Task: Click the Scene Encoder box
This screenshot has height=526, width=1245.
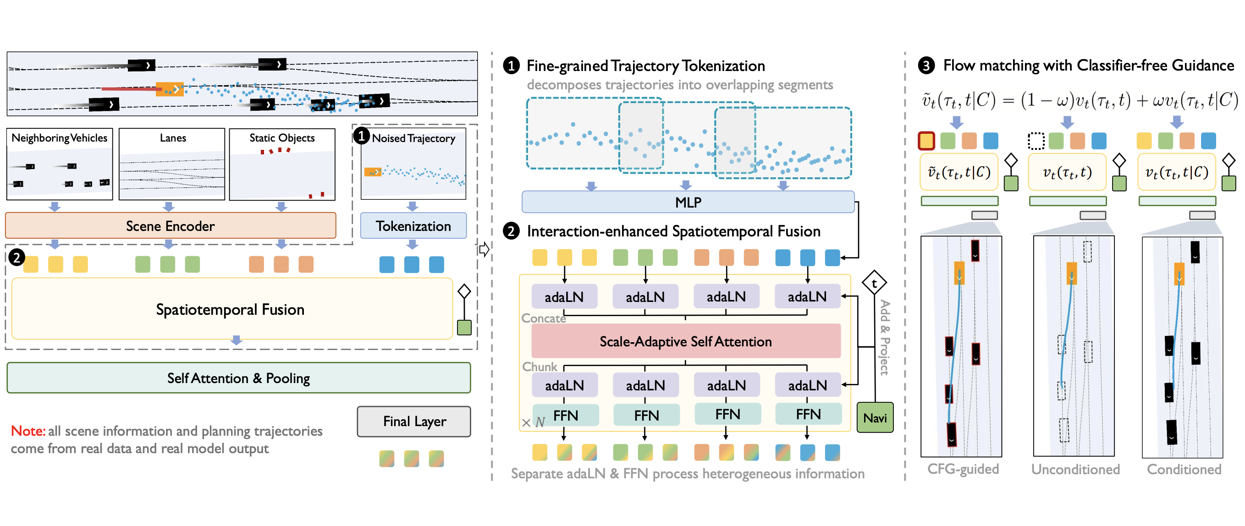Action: click(170, 225)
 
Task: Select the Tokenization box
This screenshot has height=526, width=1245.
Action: click(413, 225)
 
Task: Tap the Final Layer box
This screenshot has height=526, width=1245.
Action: click(414, 421)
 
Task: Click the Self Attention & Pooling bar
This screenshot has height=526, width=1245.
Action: click(238, 378)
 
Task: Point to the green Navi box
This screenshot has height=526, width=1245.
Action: click(875, 417)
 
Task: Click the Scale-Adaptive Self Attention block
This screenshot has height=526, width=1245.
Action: click(685, 341)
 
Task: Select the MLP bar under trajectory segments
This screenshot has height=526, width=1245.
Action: click(688, 202)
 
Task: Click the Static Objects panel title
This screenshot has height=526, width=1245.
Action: click(282, 137)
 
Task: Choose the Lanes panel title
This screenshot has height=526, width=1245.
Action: click(172, 137)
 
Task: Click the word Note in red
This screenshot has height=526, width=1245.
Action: click(28, 430)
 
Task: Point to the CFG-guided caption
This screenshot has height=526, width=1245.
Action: click(962, 469)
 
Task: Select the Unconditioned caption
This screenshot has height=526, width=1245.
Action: click(1075, 469)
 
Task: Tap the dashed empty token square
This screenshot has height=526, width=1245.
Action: click(1036, 141)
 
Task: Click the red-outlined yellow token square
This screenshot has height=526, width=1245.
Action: click(926, 141)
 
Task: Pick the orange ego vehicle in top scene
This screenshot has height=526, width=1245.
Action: click(170, 89)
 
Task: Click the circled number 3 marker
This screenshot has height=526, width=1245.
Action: click(926, 65)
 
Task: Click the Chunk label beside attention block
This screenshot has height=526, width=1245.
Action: click(540, 367)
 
